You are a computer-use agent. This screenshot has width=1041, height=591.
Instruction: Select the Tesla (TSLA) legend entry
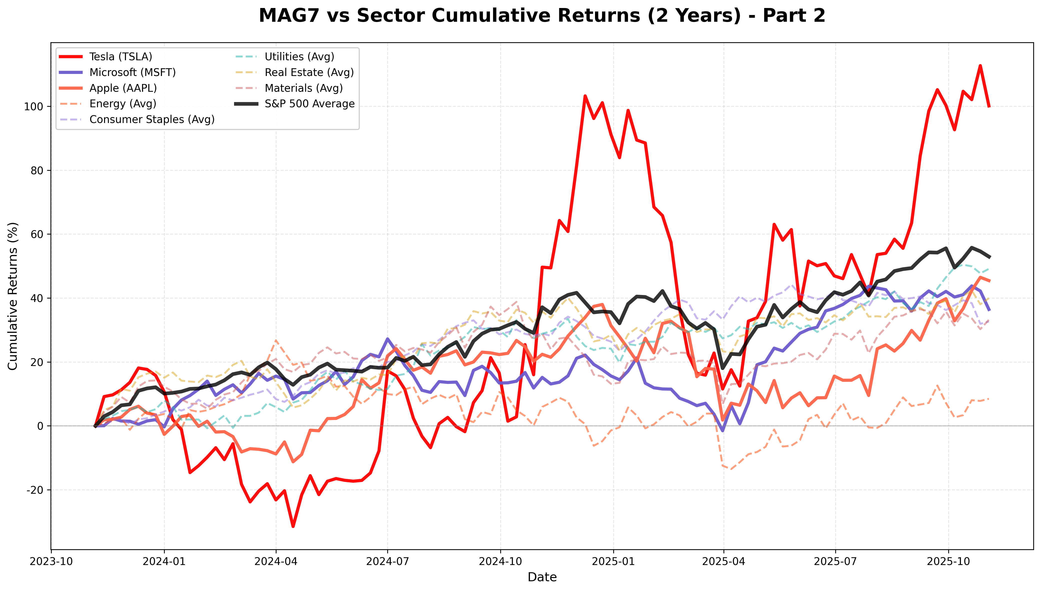[120, 57]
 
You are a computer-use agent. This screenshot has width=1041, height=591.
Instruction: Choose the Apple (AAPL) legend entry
[123, 88]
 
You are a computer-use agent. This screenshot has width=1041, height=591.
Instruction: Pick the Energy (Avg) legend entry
[122, 104]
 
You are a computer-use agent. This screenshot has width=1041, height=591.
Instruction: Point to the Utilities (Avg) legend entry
[299, 57]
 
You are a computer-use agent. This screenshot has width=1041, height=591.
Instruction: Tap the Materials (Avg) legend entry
[303, 88]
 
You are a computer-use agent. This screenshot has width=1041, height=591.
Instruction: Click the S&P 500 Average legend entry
[309, 104]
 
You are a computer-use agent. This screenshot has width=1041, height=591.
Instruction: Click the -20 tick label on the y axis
[35, 490]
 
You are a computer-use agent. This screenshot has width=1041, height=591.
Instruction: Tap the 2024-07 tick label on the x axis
[387, 562]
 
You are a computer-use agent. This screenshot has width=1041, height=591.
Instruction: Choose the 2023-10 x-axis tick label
[51, 562]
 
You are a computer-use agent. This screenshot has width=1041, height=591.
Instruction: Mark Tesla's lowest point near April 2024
[293, 526]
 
